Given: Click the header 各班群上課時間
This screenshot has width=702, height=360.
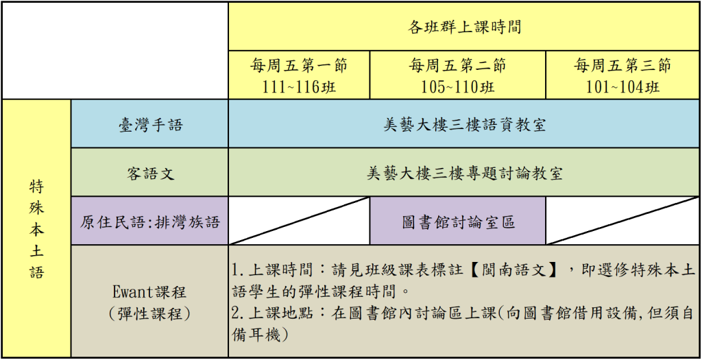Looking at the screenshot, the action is click(x=464, y=27).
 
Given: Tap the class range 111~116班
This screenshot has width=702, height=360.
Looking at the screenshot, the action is click(x=299, y=86).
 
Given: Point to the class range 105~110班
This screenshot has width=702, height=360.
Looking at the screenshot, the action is click(x=457, y=86).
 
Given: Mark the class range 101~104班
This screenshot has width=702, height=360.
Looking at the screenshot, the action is click(x=622, y=86).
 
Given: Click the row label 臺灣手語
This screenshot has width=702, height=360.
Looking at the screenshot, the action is click(x=149, y=124).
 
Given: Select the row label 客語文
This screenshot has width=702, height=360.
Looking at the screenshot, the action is click(x=149, y=172).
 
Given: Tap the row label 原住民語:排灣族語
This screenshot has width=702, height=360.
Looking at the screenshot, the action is click(x=149, y=221).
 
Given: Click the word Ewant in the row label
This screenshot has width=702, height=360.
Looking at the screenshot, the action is click(x=134, y=293).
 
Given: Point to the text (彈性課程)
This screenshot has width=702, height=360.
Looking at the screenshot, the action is click(x=149, y=313).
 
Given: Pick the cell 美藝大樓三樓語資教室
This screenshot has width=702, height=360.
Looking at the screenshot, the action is click(x=464, y=124).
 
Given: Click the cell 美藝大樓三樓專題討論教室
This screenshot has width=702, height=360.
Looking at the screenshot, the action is click(x=464, y=172).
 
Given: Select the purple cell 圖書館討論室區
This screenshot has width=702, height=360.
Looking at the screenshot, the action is click(x=457, y=221).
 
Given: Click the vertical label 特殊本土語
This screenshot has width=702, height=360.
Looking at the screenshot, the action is click(x=37, y=228).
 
